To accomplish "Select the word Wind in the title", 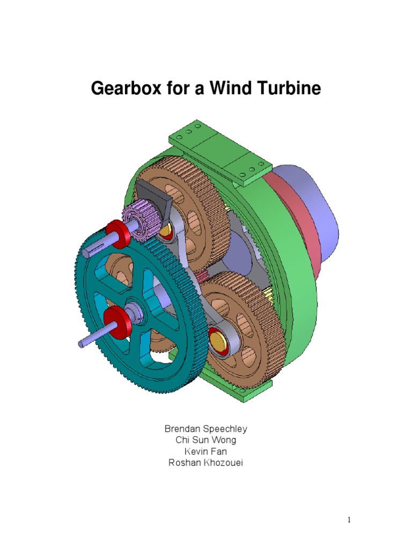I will pyautogui.click(x=232, y=88).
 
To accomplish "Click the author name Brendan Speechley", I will pyautogui.click(x=205, y=429).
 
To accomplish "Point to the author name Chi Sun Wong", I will pyautogui.click(x=205, y=440).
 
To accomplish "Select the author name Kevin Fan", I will pyautogui.click(x=205, y=451).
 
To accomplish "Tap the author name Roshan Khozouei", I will pyautogui.click(x=205, y=463).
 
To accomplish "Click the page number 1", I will pyautogui.click(x=348, y=520).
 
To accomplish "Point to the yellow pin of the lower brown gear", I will pyautogui.click(x=218, y=340).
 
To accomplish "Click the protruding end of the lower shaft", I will pyautogui.click(x=86, y=341).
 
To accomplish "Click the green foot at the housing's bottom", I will pyautogui.click(x=247, y=394).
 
